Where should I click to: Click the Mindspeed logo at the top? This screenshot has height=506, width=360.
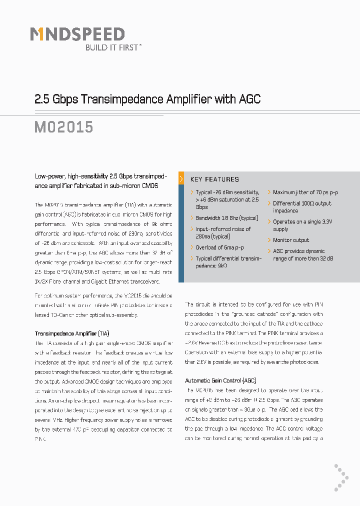[x=77, y=34]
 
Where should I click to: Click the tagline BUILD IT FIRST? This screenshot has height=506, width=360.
[x=113, y=47]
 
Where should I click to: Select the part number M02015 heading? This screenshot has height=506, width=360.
[x=64, y=127]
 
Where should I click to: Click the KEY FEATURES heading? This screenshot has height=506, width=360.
[x=214, y=179]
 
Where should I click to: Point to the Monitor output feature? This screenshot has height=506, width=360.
[x=291, y=240]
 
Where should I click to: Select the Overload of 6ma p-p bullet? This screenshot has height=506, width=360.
[x=219, y=247]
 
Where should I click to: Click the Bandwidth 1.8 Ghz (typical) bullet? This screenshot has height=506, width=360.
[x=226, y=218]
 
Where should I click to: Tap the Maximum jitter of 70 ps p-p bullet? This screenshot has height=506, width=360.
[x=305, y=192]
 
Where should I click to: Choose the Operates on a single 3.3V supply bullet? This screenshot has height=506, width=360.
[x=302, y=225]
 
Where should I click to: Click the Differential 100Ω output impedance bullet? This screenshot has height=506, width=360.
[x=302, y=207]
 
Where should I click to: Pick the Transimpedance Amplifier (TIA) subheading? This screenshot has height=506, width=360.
[x=72, y=333]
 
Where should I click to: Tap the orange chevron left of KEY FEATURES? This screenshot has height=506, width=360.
[x=181, y=179]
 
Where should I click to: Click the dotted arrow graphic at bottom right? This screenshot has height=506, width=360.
[x=341, y=477]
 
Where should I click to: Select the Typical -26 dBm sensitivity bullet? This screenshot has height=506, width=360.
[x=227, y=199]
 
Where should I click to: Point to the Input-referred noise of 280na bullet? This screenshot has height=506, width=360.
[x=223, y=232]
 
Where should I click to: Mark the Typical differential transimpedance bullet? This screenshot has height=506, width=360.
[x=228, y=262]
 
